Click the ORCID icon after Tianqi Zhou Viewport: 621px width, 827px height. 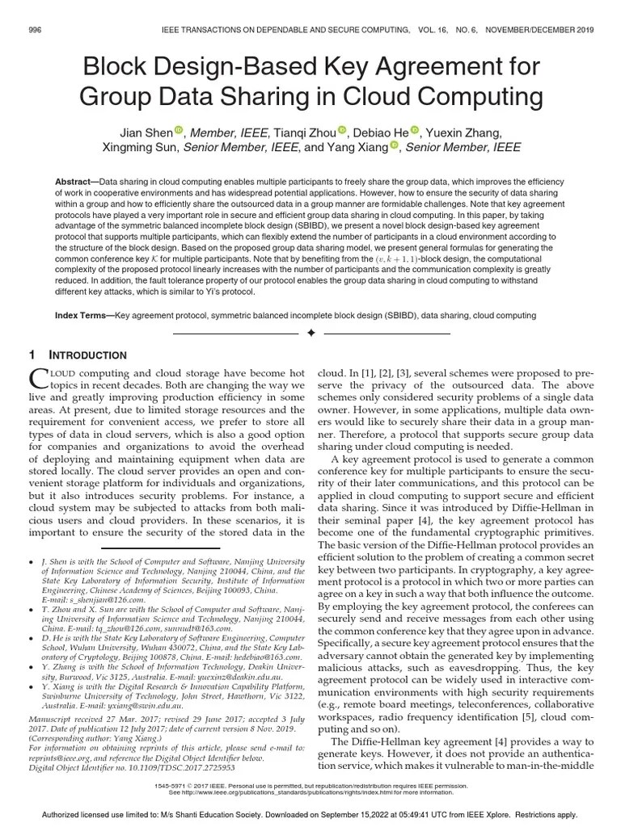(x=342, y=131)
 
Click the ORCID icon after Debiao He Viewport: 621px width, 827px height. (x=415, y=131)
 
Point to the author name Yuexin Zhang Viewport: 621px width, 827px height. (x=464, y=132)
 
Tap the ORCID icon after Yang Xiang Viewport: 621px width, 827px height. (x=395, y=146)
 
